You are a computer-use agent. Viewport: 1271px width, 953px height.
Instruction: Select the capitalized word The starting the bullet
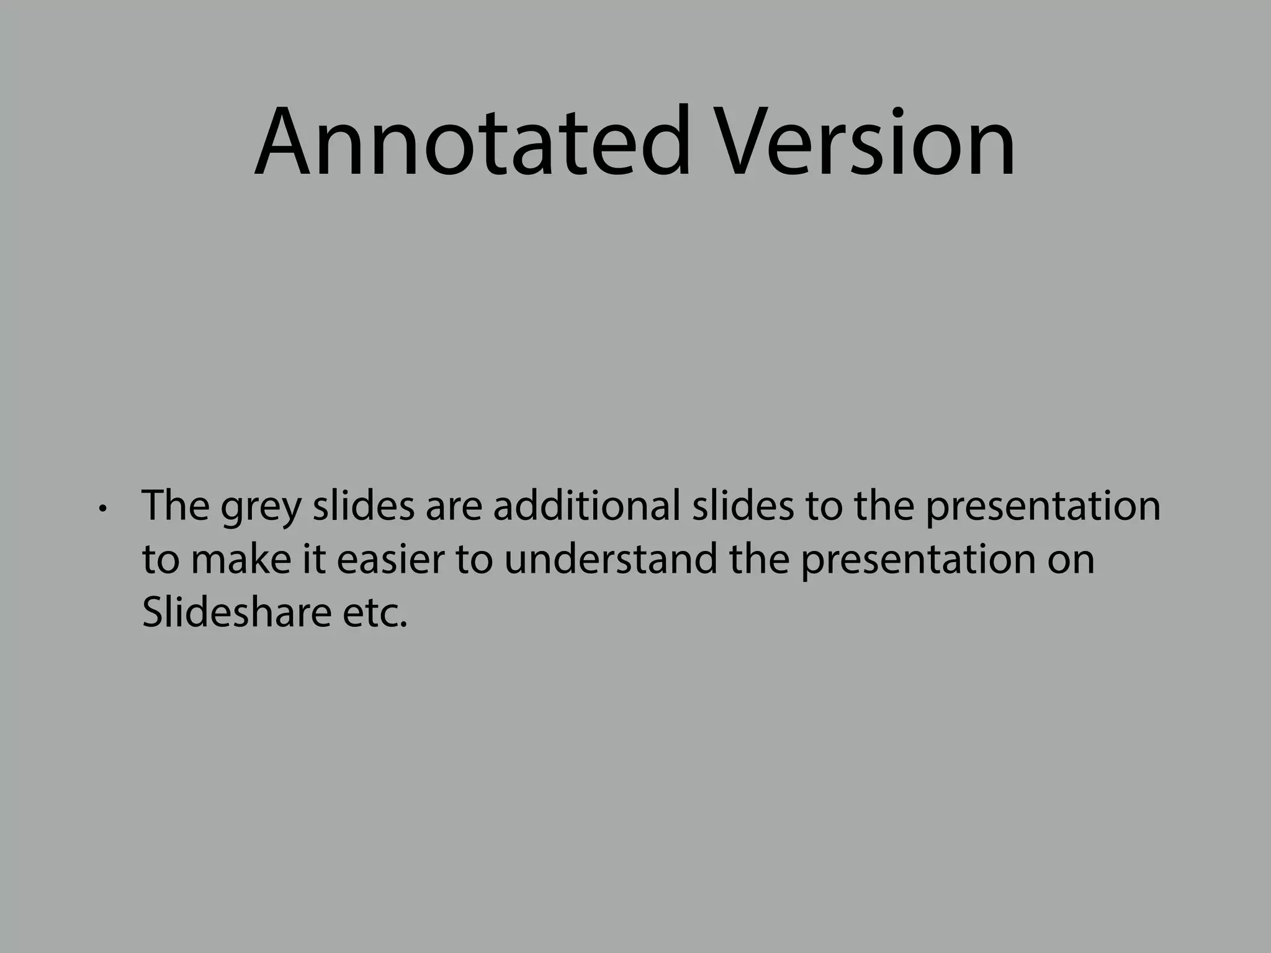coord(176,505)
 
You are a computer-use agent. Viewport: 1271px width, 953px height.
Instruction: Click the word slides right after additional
coord(743,505)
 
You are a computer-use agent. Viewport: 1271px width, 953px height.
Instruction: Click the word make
coord(241,559)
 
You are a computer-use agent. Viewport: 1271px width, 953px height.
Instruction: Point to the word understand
coord(609,559)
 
